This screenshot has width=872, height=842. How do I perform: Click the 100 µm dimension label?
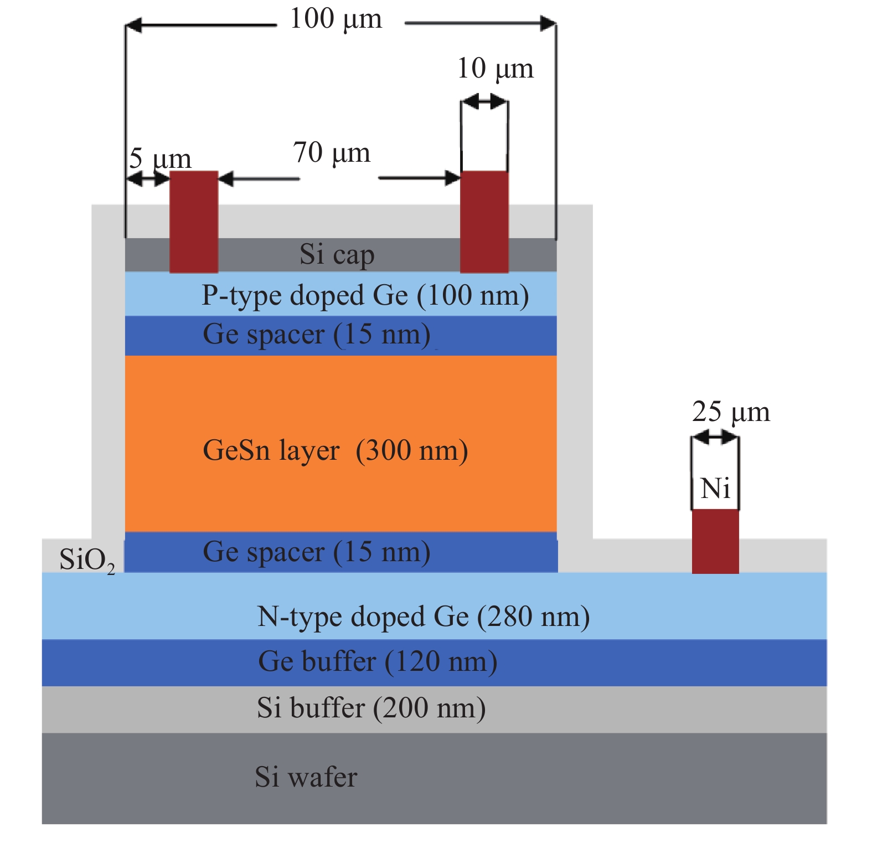tap(336, 20)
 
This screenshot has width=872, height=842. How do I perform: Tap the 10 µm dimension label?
tap(495, 69)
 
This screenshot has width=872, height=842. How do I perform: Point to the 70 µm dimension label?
tap(332, 153)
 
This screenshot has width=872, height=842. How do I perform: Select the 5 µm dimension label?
tap(160, 160)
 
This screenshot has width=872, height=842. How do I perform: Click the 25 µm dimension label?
tap(730, 412)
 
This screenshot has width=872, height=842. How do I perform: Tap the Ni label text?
tap(715, 489)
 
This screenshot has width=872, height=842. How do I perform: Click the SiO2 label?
tap(87, 560)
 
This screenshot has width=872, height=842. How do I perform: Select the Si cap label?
tap(337, 255)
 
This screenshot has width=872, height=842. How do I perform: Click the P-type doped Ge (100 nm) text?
tap(365, 295)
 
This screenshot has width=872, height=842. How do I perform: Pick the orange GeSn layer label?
tap(336, 450)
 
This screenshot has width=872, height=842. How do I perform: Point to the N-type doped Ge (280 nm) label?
tap(424, 617)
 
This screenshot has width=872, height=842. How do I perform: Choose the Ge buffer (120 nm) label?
tap(378, 661)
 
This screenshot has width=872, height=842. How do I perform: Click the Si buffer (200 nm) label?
tap(371, 708)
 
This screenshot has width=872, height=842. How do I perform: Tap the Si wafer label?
tap(306, 777)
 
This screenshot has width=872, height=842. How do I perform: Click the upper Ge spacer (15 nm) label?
tap(316, 335)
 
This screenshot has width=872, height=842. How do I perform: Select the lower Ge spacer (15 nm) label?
tap(316, 552)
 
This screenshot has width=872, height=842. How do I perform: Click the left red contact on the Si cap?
tap(193, 222)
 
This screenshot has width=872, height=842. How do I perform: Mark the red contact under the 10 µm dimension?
tap(484, 222)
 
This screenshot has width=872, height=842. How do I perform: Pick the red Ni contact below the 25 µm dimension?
tap(715, 541)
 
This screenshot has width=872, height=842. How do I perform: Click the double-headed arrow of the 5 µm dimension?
tap(148, 179)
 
